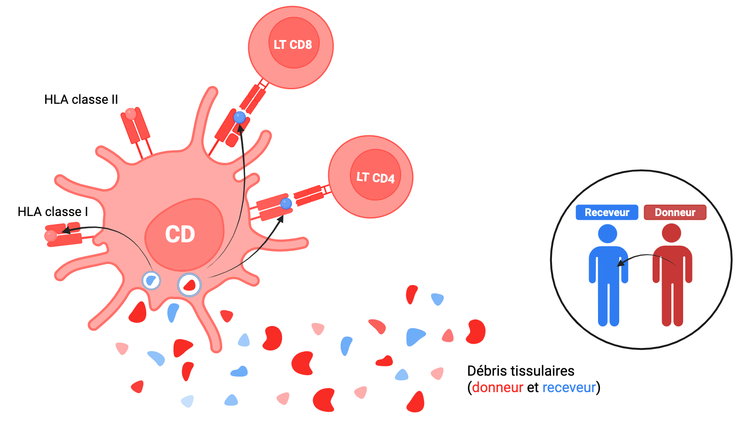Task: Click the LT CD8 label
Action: point(292,45)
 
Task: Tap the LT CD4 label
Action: point(375,178)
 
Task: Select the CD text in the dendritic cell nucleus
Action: point(180,234)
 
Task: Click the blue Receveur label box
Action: point(606,212)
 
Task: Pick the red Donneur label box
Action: point(675,212)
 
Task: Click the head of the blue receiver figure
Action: point(607,233)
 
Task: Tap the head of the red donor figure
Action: point(671,233)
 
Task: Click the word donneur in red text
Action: point(497,387)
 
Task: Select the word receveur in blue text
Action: point(569,387)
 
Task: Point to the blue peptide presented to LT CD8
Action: point(240,117)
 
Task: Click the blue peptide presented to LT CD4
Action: point(286,203)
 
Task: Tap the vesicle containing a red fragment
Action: point(189,285)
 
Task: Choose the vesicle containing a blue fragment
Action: point(151,280)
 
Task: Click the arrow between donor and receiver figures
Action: point(646,256)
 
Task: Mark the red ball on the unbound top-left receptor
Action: point(130,114)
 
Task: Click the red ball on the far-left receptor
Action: point(50,235)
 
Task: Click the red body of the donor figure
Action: point(672,272)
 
